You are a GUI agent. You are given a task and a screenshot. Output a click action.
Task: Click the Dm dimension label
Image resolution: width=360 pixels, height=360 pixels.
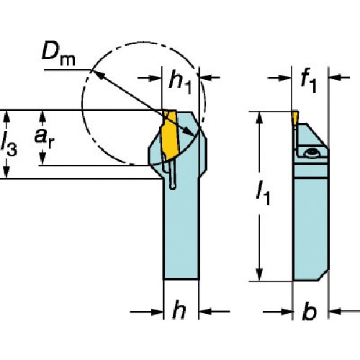(58, 55)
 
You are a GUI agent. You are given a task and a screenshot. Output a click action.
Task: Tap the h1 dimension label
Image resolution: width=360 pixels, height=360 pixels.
(181, 82)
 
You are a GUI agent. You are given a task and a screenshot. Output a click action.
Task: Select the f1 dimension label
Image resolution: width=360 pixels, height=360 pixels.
(309, 80)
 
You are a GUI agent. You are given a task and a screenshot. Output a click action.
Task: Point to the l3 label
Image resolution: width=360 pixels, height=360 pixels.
(9, 144)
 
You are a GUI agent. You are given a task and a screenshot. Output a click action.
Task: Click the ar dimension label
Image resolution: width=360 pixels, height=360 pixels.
(44, 138)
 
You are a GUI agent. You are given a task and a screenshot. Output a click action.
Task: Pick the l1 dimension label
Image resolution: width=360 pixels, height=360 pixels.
(263, 193)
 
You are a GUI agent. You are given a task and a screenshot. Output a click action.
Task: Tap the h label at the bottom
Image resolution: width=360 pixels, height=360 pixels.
(179, 310)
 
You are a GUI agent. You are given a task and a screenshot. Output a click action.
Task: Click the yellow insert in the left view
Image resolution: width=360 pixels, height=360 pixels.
(170, 135)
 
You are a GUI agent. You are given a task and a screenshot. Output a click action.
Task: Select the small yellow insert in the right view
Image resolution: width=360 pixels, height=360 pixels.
(294, 118)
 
